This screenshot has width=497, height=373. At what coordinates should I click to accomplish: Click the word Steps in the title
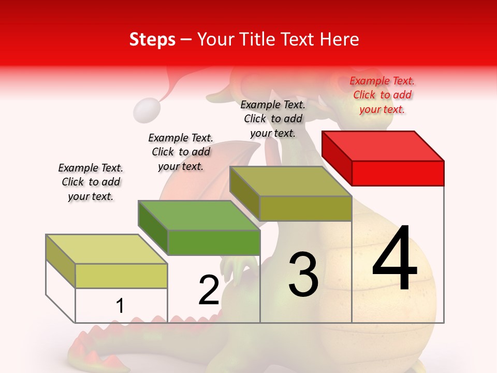coord(152,39)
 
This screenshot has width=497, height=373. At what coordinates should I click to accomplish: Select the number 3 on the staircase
coord(303,275)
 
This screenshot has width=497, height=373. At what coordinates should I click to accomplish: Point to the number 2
coord(209,290)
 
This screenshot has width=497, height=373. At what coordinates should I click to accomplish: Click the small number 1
coord(120,306)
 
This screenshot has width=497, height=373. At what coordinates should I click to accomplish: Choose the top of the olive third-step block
coord(290,181)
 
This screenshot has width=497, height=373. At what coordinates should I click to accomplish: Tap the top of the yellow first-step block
coord(107,249)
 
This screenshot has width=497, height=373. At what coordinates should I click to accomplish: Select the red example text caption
coord(382,95)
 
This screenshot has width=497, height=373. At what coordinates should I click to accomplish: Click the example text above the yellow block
coord(91,182)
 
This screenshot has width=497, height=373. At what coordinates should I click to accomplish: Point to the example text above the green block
coord(181,152)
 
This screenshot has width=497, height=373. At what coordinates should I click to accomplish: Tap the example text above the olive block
coord(273,119)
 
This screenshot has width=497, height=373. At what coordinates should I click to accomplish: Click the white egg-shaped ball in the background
coord(146,110)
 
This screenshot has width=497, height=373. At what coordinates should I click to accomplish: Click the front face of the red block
coord(398,173)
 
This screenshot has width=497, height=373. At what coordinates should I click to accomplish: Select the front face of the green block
coord(213,242)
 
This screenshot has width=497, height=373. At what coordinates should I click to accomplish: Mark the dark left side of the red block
coord(337,158)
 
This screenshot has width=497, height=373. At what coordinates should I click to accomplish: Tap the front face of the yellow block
coord(121,276)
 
